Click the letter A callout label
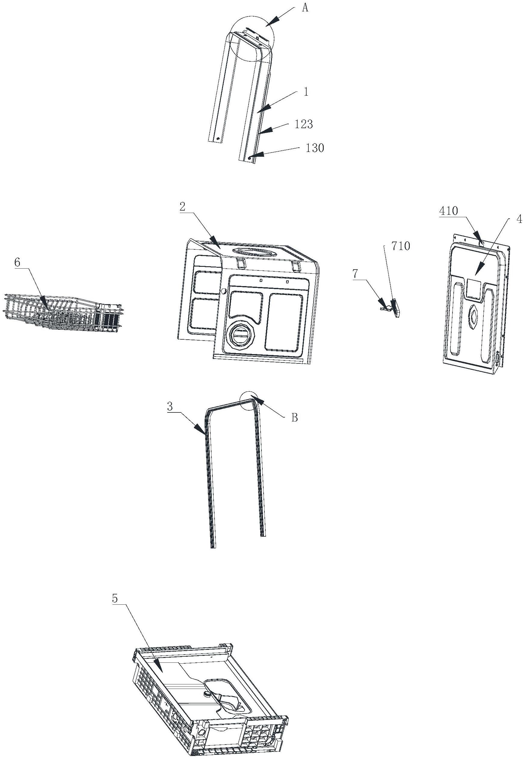coord(305,8)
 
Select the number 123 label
coord(303,124)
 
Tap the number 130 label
coord(314,148)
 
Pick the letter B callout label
coord(295,417)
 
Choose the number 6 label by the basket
coord(17,262)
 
